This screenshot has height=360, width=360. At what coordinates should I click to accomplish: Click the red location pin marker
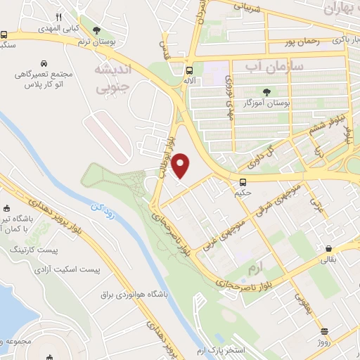coord(181,165)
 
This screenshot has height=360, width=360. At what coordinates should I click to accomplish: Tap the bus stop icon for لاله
coord(188,70)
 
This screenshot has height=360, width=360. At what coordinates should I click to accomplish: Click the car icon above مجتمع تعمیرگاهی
coord(44,62)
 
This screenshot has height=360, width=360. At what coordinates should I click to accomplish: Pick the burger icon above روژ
coord(323,331)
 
